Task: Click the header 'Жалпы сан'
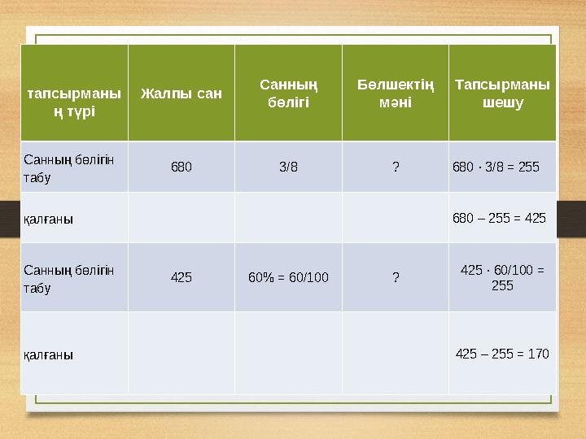181,93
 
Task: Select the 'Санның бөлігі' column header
288,93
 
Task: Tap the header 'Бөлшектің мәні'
396,93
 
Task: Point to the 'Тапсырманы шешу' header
502,93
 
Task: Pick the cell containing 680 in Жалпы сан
181,167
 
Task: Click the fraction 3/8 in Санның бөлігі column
288,167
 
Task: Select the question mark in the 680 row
396,167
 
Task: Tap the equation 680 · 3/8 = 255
496,167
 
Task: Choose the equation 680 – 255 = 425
499,218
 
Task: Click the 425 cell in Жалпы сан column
181,277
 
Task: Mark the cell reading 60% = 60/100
288,277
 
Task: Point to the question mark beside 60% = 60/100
396,277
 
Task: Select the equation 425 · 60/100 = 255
502,277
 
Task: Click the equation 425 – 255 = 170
502,354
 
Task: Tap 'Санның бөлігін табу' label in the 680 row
68,167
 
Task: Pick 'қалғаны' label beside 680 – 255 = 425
48,219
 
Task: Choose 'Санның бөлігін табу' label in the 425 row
68,277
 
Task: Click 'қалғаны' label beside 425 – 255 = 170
48,354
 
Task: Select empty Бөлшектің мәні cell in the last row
396,354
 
